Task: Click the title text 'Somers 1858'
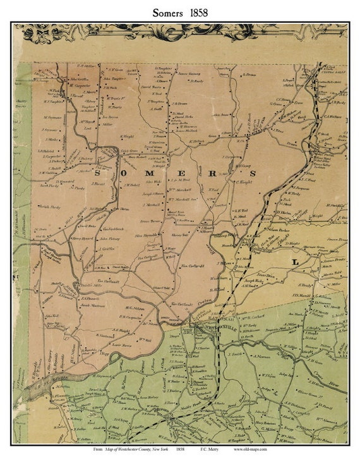(x=179, y=12)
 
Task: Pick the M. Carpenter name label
(x=80, y=85)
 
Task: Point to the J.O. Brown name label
(x=179, y=103)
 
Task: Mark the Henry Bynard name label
(x=82, y=238)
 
